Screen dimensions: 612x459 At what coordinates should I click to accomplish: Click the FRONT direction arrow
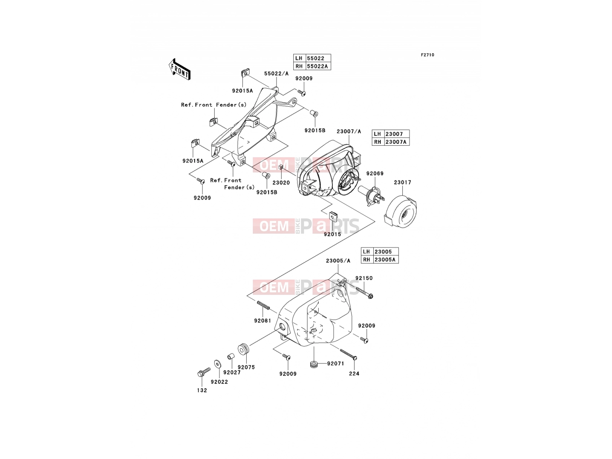coord(179,69)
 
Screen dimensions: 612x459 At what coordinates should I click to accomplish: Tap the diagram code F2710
coord(427,55)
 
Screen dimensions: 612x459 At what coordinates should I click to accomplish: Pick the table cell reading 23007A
coord(397,142)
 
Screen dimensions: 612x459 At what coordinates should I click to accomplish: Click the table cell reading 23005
coord(386,251)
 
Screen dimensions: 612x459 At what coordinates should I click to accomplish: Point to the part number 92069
coord(375,173)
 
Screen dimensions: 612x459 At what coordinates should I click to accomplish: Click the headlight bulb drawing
coord(371,196)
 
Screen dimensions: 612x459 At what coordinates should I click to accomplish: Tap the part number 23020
coord(281,182)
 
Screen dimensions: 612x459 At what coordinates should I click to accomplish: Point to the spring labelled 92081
coord(263,305)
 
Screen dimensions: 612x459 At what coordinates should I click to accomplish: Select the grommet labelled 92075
coord(243,350)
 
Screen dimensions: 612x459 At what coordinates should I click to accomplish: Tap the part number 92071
coord(335,363)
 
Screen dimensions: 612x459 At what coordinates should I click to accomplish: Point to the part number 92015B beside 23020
coord(267,192)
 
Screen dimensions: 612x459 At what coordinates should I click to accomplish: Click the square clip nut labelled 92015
coord(333,215)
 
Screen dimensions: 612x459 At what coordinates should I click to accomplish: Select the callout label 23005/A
coord(338,260)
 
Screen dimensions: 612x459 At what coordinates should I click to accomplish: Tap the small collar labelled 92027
coord(231,356)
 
